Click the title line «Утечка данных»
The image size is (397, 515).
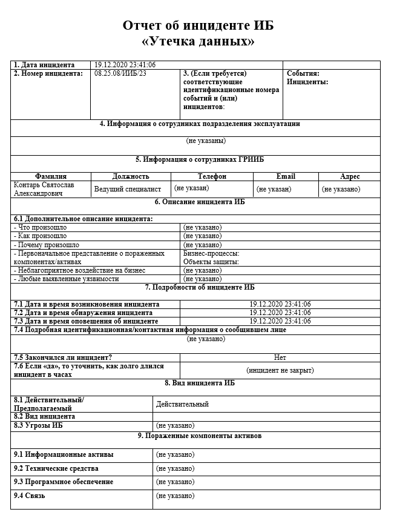[198, 42]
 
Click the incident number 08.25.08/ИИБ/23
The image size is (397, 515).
[120, 73]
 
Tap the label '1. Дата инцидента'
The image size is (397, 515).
[44, 65]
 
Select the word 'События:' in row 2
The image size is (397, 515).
[303, 73]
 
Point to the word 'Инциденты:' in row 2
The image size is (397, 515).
[307, 82]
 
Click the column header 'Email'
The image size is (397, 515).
[286, 176]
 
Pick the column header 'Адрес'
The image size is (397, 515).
[350, 176]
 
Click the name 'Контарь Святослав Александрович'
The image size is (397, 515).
[44, 189]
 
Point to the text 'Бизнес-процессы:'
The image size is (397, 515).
[211, 253]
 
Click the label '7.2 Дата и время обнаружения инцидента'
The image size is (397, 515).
[74, 313]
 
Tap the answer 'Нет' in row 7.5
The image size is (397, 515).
[280, 357]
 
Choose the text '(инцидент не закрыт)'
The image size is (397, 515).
[280, 370]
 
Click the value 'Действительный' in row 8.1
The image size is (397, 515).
[182, 404]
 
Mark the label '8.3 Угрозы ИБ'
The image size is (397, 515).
[38, 425]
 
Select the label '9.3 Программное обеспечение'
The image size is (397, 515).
[64, 482]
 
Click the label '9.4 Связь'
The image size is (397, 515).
[29, 496]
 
